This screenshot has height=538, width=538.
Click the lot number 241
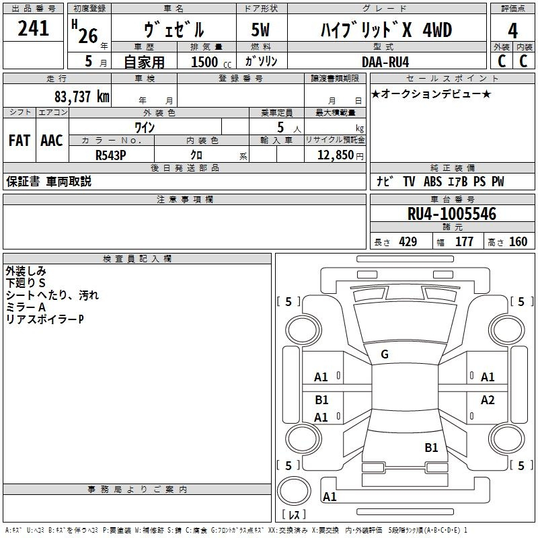tap(33, 28)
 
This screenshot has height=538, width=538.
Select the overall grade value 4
tap(512, 31)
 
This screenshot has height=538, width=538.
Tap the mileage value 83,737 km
tap(82, 97)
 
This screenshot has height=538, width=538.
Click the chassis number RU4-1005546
tap(452, 214)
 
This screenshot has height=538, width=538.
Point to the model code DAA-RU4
tap(385, 62)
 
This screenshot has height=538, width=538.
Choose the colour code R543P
tap(110, 155)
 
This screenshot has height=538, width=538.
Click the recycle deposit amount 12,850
tap(335, 155)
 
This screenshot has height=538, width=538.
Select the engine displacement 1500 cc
tap(211, 62)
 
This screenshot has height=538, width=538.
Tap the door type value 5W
tap(260, 30)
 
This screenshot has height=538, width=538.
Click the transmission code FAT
tap(20, 141)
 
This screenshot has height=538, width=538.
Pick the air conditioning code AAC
tap(52, 141)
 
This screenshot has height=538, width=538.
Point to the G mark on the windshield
tap(385, 354)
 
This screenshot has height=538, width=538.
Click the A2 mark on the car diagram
tap(488, 399)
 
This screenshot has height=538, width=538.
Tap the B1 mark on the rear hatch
tap(431, 447)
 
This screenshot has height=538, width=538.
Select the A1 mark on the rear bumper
tap(330, 496)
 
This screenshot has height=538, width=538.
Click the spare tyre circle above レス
tap(294, 491)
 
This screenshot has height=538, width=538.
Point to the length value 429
tap(408, 241)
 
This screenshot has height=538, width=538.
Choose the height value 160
tap(518, 241)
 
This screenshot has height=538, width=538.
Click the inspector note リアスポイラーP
tap(44, 319)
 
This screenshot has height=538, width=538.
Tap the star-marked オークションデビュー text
tap(431, 93)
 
